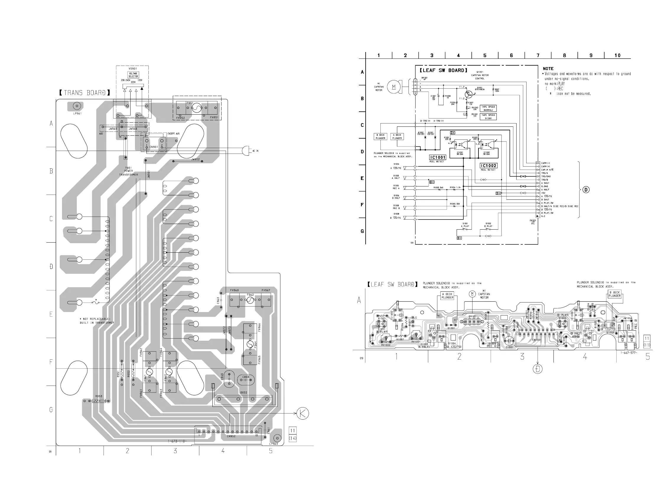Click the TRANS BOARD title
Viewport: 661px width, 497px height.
(x=84, y=93)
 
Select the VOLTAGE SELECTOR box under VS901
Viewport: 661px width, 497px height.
(x=133, y=75)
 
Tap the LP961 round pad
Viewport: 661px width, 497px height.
(x=77, y=106)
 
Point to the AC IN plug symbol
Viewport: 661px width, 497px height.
(x=246, y=150)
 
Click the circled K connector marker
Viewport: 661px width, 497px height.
(x=302, y=413)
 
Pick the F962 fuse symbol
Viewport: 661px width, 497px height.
(x=250, y=300)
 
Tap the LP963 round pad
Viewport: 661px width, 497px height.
(x=277, y=438)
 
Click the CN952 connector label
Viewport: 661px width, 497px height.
(x=231, y=436)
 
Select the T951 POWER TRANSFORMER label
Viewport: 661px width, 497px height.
(x=128, y=171)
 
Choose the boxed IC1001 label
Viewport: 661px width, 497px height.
(x=438, y=157)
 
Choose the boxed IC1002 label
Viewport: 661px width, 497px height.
(x=488, y=166)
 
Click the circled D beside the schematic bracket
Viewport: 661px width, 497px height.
(x=586, y=190)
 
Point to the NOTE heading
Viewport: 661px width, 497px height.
(x=548, y=69)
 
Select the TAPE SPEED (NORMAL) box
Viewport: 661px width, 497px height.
(x=488, y=108)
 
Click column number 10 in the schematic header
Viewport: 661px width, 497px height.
(x=617, y=55)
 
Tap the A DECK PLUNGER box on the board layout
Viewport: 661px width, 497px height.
(x=447, y=296)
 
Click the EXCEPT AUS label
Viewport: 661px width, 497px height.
(x=173, y=134)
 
